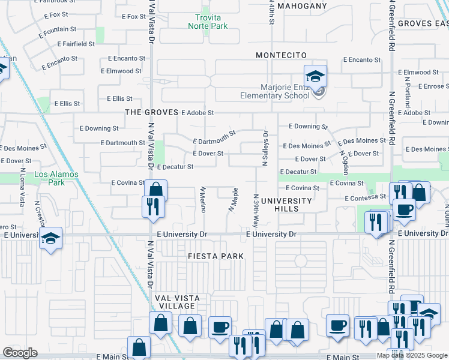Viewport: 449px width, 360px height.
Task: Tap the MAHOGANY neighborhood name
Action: point(301,6)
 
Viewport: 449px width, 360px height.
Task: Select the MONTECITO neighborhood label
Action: point(281,55)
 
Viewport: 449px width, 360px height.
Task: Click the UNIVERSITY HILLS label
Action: point(286,205)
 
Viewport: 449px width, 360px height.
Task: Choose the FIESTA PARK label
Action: point(215,256)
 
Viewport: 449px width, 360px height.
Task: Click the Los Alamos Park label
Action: point(56,179)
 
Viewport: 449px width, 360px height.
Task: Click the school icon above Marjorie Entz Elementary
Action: point(315,76)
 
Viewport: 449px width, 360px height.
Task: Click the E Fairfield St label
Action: point(76,44)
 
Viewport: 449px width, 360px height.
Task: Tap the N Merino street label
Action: point(203,199)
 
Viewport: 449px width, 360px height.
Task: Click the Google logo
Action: point(20,353)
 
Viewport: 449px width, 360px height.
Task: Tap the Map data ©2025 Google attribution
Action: point(412,355)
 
